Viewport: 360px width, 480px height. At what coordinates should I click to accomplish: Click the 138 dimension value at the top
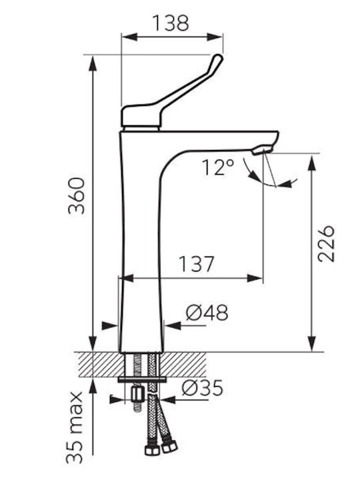point(171,23)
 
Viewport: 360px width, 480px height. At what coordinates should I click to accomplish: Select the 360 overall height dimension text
point(77,195)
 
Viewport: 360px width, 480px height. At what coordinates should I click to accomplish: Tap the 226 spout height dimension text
point(326,244)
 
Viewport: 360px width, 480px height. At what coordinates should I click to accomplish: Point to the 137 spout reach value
point(196,264)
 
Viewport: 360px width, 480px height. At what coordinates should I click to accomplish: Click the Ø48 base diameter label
point(207,313)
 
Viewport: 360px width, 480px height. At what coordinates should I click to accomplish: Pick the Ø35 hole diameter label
point(202,388)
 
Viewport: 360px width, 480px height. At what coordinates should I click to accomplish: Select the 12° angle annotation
point(218,167)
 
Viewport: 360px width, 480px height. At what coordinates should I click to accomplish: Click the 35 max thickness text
point(75,427)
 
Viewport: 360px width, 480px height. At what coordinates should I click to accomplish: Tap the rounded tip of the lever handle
point(217,57)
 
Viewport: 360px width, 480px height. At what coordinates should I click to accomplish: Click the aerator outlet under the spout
point(262,150)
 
